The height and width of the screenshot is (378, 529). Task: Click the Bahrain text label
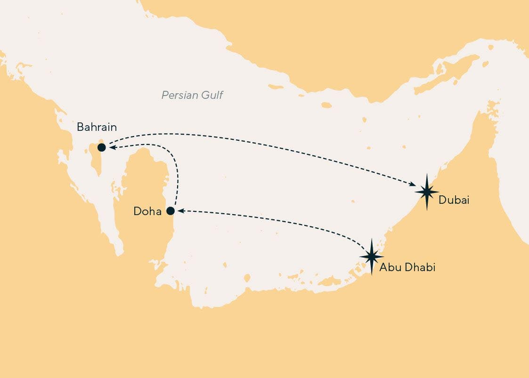coord(97,127)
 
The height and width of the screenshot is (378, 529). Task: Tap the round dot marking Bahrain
coord(101,147)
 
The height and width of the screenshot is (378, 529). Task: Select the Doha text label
coord(147,211)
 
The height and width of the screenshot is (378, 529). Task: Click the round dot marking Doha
coord(171,210)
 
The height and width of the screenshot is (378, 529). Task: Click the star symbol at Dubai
coord(427,192)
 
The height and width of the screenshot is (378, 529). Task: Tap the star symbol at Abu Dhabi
coord(372,257)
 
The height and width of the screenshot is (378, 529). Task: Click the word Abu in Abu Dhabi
coord(389,268)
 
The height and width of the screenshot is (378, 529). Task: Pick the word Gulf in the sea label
coord(211,96)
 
